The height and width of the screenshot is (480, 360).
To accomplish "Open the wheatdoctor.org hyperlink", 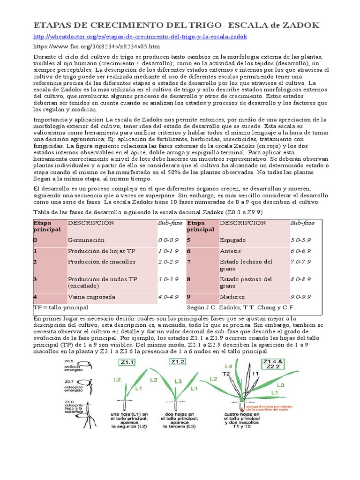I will (x=140, y=36).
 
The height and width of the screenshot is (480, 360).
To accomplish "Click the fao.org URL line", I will (x=97, y=46).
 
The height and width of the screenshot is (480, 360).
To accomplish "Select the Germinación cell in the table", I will (x=86, y=240).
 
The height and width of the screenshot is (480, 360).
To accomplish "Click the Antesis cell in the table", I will (x=231, y=251).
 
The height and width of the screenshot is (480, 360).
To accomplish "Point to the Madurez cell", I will (x=232, y=297).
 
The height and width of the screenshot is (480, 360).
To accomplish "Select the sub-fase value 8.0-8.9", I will (x=300, y=279).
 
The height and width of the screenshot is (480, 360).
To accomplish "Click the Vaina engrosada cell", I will (x=91, y=297).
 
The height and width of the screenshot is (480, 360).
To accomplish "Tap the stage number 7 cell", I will (x=189, y=262).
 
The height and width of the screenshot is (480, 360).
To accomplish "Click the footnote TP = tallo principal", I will (x=61, y=307).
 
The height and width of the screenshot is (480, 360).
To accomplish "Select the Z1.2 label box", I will (x=177, y=362).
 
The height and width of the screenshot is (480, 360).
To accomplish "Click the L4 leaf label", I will (x=228, y=366).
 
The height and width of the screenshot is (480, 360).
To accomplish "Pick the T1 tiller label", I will (x=255, y=373).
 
